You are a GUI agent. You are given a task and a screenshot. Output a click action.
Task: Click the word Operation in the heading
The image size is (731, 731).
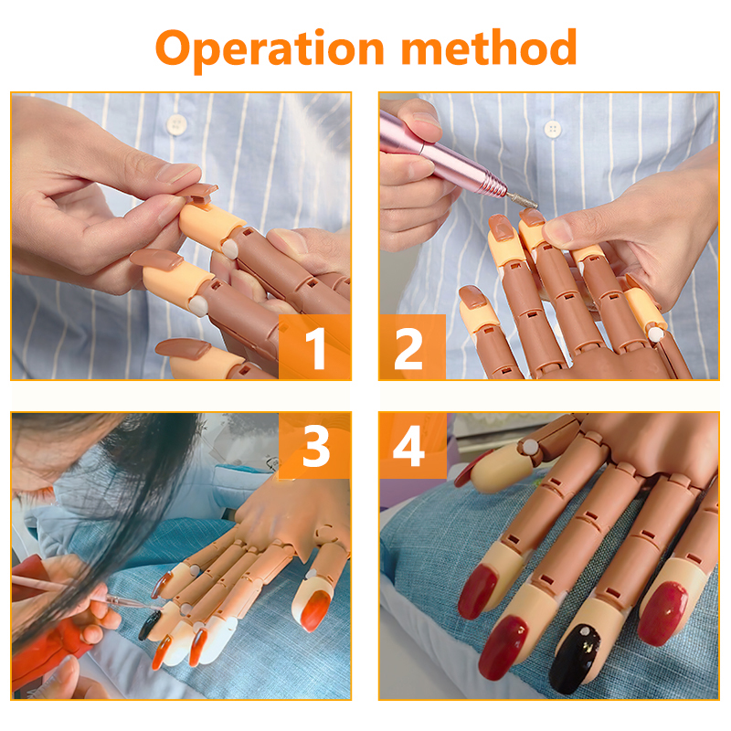click(x=270, y=49)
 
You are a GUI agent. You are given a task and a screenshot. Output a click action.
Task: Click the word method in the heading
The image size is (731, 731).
click(x=489, y=47)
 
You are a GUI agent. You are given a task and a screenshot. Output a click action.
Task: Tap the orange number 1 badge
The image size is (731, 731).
click(x=314, y=347)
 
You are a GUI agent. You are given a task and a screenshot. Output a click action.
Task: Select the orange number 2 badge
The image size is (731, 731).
click(x=412, y=347)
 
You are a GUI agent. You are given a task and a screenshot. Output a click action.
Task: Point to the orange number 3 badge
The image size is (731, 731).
click(x=314, y=446)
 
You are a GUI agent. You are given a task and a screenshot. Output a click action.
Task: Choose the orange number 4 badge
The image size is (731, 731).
click(x=413, y=446)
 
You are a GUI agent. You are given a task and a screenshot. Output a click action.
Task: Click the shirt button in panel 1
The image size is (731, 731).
click(x=176, y=124)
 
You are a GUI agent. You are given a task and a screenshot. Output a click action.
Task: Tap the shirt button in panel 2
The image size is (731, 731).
click(x=553, y=129)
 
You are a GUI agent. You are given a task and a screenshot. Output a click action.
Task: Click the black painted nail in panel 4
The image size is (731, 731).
click(x=577, y=657)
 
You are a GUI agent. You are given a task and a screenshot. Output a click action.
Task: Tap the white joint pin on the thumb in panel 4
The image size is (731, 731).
click(x=530, y=448)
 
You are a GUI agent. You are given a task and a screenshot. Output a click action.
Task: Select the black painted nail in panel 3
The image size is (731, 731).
click(x=150, y=625)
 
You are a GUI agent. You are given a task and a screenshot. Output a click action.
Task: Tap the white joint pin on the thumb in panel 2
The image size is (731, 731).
click(x=656, y=334)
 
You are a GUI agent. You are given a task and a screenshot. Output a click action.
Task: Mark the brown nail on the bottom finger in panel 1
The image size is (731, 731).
click(x=182, y=349)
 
